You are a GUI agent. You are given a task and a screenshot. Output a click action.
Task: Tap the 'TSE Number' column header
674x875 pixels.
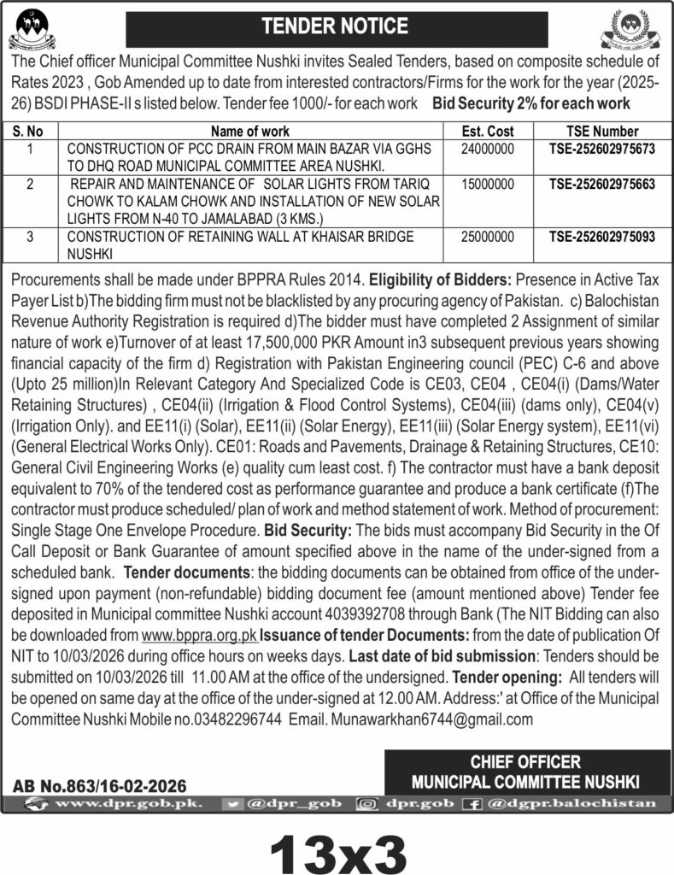coord(602,132)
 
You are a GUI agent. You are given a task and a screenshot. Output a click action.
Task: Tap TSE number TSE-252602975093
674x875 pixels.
coord(603,236)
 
